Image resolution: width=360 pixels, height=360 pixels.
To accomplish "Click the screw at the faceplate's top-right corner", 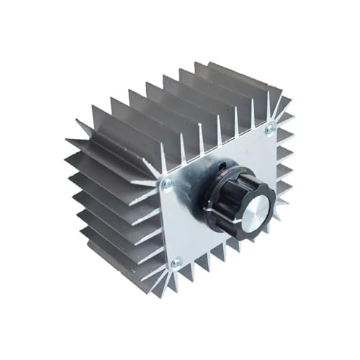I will click(269, 130).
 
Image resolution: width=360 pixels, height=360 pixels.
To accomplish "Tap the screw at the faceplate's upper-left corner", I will click(166, 185).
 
